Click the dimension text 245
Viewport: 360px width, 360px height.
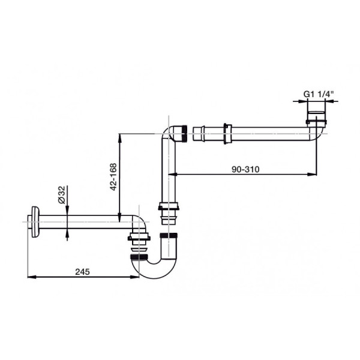pos(82,272)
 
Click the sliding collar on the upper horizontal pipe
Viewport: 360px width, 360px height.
pos(226,134)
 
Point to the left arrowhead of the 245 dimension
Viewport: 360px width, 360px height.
pos(32,277)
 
